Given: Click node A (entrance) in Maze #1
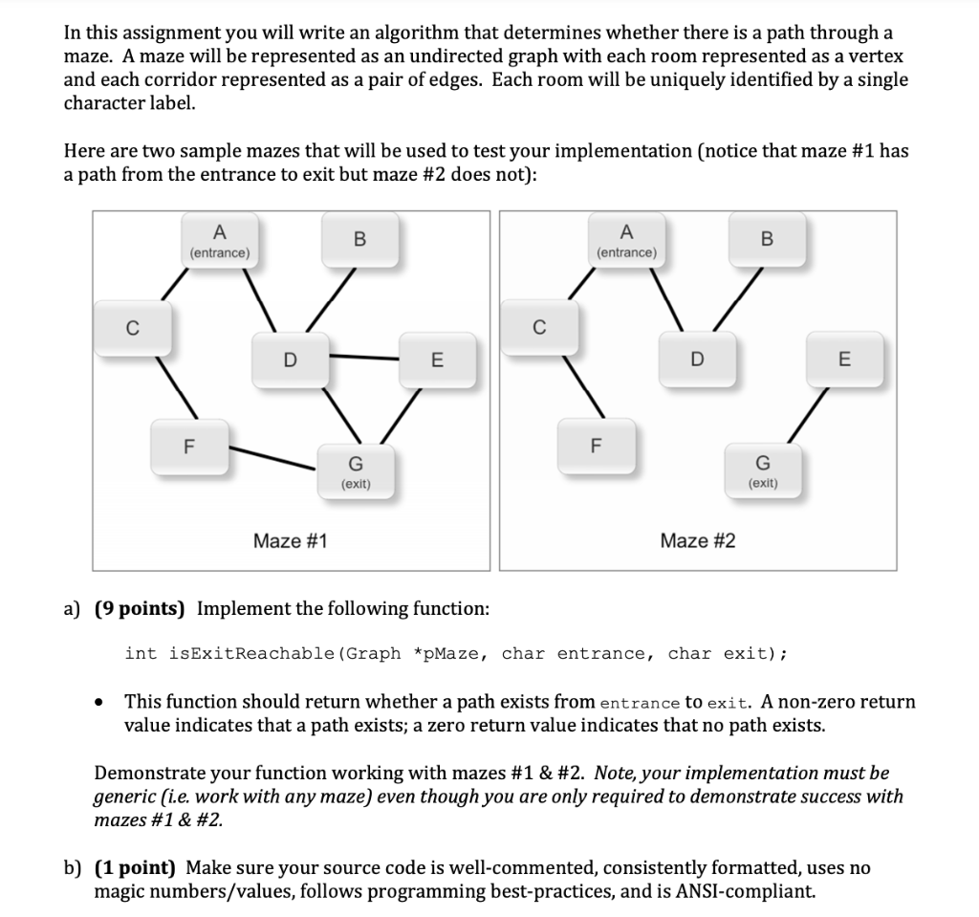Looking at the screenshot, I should click(220, 241).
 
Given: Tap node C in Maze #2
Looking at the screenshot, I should click(539, 330).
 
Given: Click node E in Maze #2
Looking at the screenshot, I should click(842, 360).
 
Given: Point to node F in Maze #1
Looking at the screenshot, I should click(188, 445).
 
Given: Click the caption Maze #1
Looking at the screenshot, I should click(290, 541).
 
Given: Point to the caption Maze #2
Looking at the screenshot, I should click(698, 541).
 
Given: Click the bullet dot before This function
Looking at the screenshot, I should click(99, 703).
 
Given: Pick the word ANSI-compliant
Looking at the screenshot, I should click(749, 892).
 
